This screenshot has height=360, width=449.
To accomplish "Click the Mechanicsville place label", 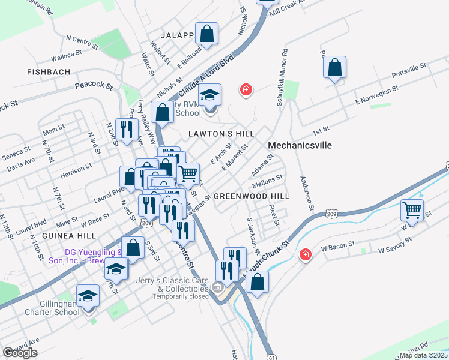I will [x=300, y=145].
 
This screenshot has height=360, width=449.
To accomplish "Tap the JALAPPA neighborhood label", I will [x=178, y=35].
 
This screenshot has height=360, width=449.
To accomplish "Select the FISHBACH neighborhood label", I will [x=49, y=72].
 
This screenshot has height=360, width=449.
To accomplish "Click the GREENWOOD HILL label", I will [x=252, y=196].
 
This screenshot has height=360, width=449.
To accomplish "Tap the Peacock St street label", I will [x=94, y=86].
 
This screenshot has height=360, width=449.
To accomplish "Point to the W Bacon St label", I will [x=335, y=247].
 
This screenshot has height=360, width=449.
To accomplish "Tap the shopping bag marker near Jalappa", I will [x=206, y=35].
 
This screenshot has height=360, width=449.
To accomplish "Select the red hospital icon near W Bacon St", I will [x=306, y=255].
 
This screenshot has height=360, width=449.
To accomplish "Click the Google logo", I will [x=20, y=353].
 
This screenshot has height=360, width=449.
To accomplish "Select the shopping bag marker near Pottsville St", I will [x=335, y=67].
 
